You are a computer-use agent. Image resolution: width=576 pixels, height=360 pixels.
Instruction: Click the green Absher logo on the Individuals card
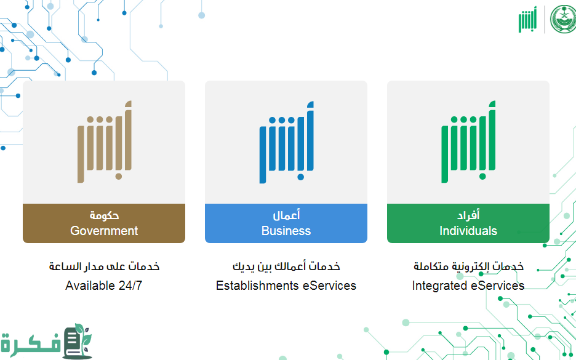pyautogui.click(x=468, y=142)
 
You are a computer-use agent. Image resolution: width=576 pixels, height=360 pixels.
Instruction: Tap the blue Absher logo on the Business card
pyautogui.click(x=287, y=142)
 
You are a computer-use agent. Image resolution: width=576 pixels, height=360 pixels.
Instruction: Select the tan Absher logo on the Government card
pyautogui.click(x=105, y=142)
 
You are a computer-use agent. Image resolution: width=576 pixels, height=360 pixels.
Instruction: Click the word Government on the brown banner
pyautogui.click(x=104, y=231)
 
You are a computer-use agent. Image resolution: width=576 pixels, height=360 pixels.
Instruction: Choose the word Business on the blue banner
pyautogui.click(x=286, y=231)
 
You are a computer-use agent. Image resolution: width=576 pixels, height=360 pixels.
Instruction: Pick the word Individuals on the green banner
pyautogui.click(x=468, y=231)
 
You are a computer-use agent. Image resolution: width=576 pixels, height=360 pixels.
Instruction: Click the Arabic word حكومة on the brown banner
pyautogui.click(x=105, y=215)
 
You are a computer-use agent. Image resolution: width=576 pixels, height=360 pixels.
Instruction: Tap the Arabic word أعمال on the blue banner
pyautogui.click(x=286, y=215)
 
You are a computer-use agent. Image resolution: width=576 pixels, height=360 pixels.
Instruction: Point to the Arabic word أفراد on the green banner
pyautogui.click(x=468, y=215)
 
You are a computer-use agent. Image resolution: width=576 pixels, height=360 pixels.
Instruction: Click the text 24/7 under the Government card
pyautogui.click(x=130, y=286)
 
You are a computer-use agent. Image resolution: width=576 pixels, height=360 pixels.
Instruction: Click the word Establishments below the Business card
pyautogui.click(x=257, y=286)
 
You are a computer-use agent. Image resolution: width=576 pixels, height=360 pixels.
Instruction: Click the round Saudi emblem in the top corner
pyautogui.click(x=564, y=19)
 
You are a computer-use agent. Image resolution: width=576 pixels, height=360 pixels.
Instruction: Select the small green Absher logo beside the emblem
pyautogui.click(x=527, y=20)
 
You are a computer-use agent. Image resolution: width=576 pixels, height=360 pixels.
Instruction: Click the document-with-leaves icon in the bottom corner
pyautogui.click(x=77, y=342)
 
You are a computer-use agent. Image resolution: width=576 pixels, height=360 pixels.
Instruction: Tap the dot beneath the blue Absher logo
pyautogui.click(x=300, y=177)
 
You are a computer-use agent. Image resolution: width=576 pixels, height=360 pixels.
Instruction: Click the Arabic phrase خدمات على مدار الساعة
pyautogui.click(x=105, y=266)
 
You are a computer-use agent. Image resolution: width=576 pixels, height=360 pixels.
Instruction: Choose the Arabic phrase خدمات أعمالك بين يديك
pyautogui.click(x=286, y=266)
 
